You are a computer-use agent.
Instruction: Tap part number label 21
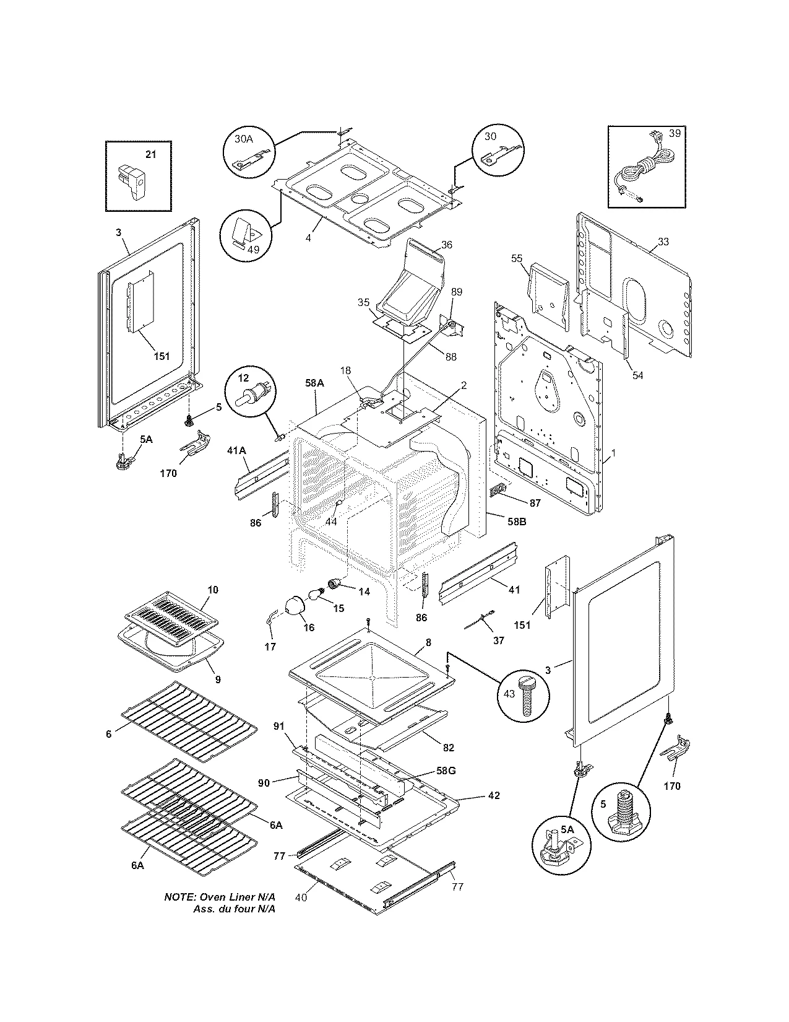[150, 154]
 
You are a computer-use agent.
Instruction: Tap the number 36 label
[446, 245]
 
